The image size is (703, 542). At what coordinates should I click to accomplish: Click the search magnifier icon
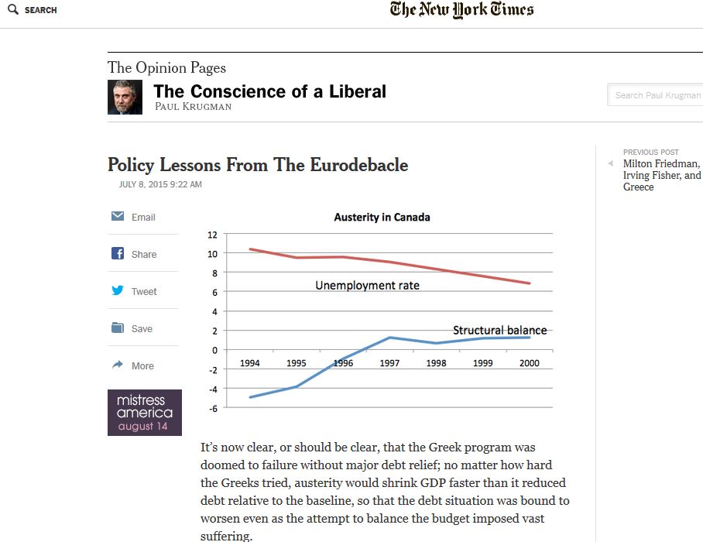pyautogui.click(x=12, y=10)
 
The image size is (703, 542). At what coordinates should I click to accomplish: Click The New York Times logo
pyautogui.click(x=461, y=10)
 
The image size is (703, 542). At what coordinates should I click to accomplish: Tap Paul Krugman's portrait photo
pyautogui.click(x=125, y=98)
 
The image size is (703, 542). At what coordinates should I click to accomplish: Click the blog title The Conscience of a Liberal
pyautogui.click(x=269, y=91)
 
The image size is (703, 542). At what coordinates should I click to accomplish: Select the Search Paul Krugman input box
pyautogui.click(x=657, y=95)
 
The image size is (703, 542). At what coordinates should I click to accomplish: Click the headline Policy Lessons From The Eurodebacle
pyautogui.click(x=258, y=165)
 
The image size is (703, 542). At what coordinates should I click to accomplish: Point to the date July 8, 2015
pyautogui.click(x=160, y=185)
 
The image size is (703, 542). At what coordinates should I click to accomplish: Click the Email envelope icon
pyautogui.click(x=118, y=217)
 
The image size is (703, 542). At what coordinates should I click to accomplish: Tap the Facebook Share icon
pyautogui.click(x=118, y=254)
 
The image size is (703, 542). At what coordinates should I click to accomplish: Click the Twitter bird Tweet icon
pyautogui.click(x=118, y=291)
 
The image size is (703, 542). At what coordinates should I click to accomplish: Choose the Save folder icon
pyautogui.click(x=118, y=328)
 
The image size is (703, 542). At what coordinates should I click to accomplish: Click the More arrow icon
pyautogui.click(x=118, y=365)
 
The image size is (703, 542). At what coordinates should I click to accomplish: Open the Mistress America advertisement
pyautogui.click(x=145, y=412)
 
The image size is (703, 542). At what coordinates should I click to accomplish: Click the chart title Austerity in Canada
pyautogui.click(x=382, y=218)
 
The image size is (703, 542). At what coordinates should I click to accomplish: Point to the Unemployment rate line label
pyautogui.click(x=367, y=286)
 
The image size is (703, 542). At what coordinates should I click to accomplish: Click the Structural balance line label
pyautogui.click(x=499, y=331)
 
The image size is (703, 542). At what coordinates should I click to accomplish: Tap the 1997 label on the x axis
pyautogui.click(x=389, y=363)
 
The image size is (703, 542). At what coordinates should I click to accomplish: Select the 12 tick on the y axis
pyautogui.click(x=213, y=234)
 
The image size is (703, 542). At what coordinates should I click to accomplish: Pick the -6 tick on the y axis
pyautogui.click(x=213, y=407)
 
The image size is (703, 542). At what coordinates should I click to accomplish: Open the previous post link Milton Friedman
pyautogui.click(x=661, y=164)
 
